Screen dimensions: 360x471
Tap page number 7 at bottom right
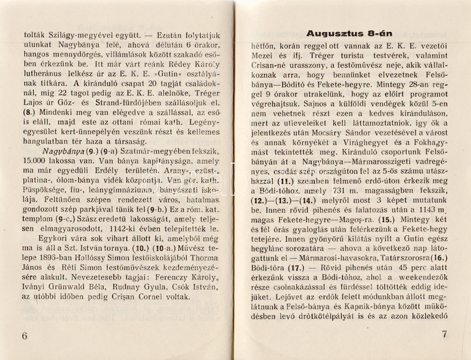[444, 334]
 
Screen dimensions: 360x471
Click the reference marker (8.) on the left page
[22, 125]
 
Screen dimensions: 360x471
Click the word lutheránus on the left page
[39, 78]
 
